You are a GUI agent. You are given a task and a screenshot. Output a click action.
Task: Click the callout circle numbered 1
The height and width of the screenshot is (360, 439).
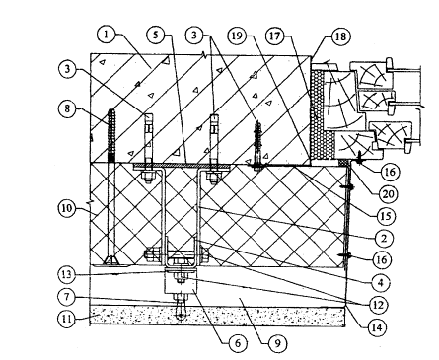point(106,35)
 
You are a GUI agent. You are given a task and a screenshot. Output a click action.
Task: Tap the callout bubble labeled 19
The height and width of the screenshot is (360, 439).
point(237,36)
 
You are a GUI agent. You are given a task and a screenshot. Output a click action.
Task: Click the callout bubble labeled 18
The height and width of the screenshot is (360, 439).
point(340,36)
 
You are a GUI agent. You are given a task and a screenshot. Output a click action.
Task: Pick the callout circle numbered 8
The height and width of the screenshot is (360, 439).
point(67,108)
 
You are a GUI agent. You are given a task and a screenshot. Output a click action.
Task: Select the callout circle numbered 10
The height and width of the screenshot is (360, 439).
point(67,208)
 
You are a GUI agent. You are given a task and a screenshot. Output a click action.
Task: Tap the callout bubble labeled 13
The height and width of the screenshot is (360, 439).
point(66,274)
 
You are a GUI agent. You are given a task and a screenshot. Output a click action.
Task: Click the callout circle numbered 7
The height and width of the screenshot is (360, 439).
point(67,298)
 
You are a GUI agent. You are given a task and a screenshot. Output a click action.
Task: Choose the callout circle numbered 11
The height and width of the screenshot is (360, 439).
point(67,319)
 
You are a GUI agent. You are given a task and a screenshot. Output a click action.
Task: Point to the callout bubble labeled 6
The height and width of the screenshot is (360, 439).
point(238,343)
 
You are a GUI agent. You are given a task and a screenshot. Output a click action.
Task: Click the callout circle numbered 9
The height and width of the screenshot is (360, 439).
point(277,343)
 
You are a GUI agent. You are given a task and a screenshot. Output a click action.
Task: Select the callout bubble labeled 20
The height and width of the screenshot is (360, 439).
point(388,194)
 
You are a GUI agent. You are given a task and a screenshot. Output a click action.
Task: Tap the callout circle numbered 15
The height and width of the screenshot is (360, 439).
point(386,216)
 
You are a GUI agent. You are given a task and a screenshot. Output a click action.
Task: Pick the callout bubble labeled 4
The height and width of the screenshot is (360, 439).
point(381,282)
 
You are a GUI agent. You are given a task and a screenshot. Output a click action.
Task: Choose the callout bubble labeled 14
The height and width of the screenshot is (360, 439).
point(377,326)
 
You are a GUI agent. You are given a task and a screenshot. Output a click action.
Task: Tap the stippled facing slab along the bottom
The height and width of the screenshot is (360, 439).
point(217,316)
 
